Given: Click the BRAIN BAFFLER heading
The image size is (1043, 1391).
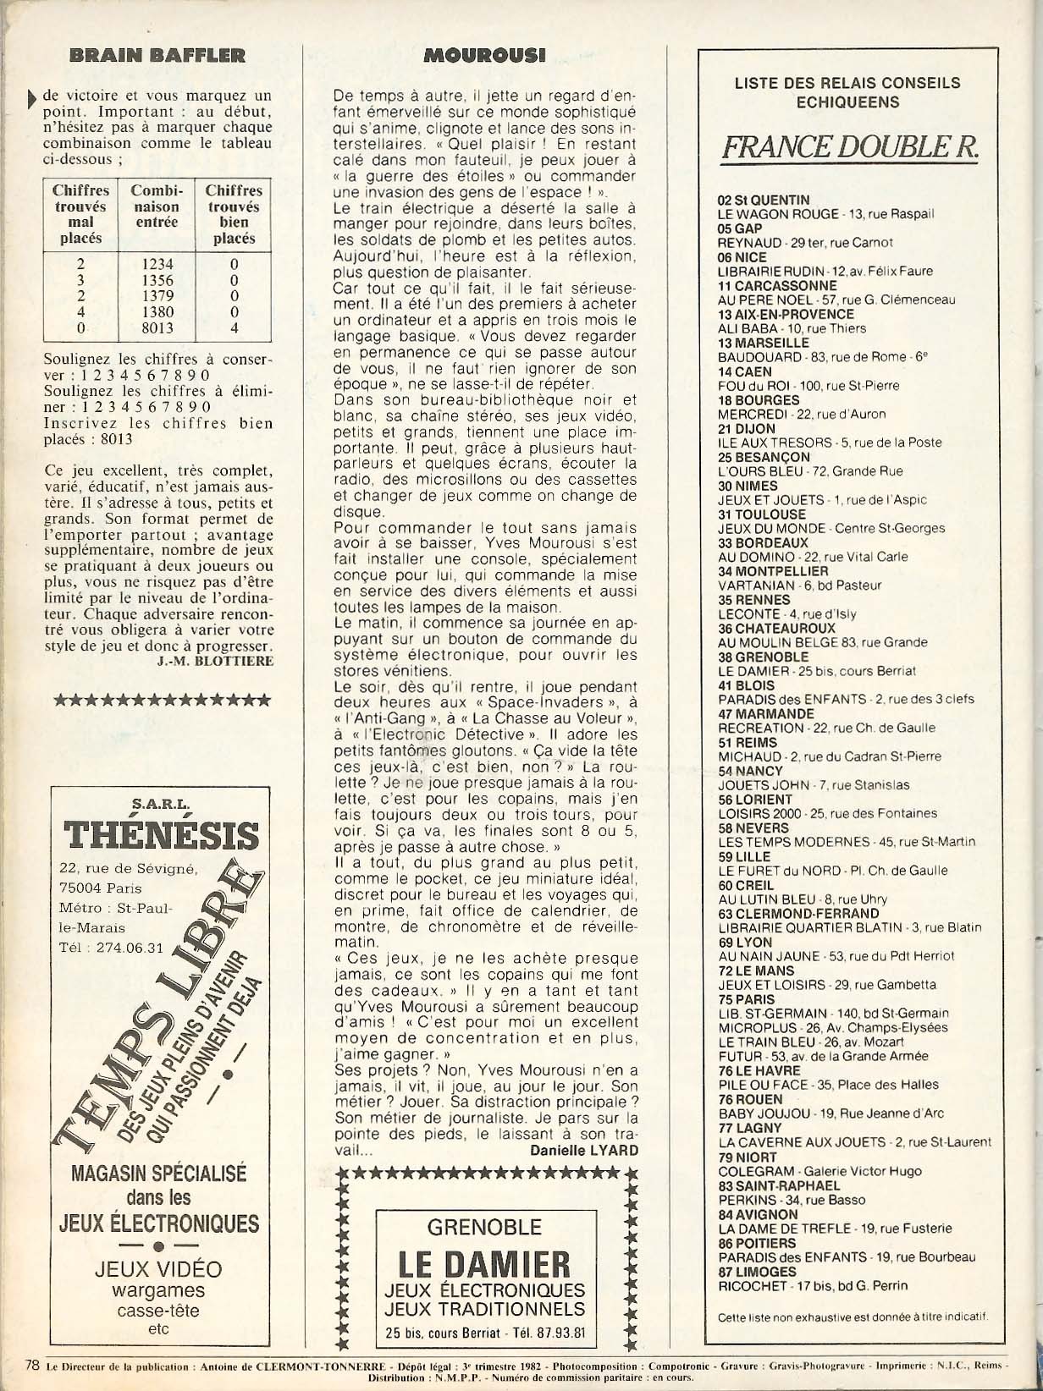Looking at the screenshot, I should (x=157, y=56).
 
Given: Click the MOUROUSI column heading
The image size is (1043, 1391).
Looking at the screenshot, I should (x=484, y=56).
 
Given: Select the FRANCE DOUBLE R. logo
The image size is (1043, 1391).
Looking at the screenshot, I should (x=850, y=147).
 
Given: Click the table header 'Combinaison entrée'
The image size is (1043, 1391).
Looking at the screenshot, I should (x=157, y=206).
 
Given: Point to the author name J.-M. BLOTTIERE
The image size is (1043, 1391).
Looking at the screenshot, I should (x=215, y=661).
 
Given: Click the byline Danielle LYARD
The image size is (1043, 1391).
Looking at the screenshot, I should (x=584, y=1150).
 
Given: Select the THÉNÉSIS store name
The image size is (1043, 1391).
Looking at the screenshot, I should (x=161, y=835).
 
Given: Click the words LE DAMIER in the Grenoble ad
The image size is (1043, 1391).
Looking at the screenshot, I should (x=484, y=1265).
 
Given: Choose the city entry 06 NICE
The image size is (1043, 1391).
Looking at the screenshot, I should (x=742, y=257).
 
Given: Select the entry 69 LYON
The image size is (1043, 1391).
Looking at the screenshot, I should (x=745, y=943).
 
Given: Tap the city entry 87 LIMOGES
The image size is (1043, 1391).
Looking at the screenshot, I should (x=757, y=1272).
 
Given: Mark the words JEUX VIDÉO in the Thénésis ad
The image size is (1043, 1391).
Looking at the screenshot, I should (x=158, y=1269).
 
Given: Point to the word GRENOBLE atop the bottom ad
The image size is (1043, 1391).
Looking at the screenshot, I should (x=484, y=1227).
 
